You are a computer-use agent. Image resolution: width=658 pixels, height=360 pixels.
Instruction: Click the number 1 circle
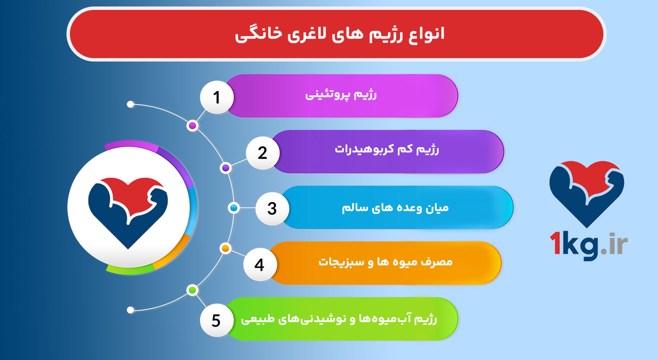(217, 97)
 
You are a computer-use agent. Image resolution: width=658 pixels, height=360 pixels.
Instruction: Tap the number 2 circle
(263, 153)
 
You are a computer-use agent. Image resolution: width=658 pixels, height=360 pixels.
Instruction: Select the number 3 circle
(272, 209)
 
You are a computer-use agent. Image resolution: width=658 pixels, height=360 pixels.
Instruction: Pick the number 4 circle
(260, 264)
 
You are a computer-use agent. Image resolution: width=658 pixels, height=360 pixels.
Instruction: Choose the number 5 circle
(216, 320)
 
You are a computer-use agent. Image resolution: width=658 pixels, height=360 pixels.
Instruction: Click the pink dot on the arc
(193, 126)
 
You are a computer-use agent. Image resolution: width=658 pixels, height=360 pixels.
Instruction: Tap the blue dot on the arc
(233, 208)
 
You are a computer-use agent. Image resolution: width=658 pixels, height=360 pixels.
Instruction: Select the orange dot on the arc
(225, 248)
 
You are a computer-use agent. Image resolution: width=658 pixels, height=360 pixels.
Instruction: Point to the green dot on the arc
(192, 290)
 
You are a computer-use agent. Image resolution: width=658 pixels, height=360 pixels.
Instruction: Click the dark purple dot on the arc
(226, 168)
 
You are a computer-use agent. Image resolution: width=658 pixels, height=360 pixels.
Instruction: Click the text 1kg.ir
(588, 245)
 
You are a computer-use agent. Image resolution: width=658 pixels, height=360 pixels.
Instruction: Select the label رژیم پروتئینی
(341, 95)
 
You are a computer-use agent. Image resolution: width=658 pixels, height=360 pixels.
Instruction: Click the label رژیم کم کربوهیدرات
(387, 149)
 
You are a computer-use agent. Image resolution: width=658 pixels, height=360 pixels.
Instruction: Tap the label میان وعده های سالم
(395, 208)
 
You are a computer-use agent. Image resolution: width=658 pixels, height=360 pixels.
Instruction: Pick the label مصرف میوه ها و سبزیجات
(386, 262)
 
